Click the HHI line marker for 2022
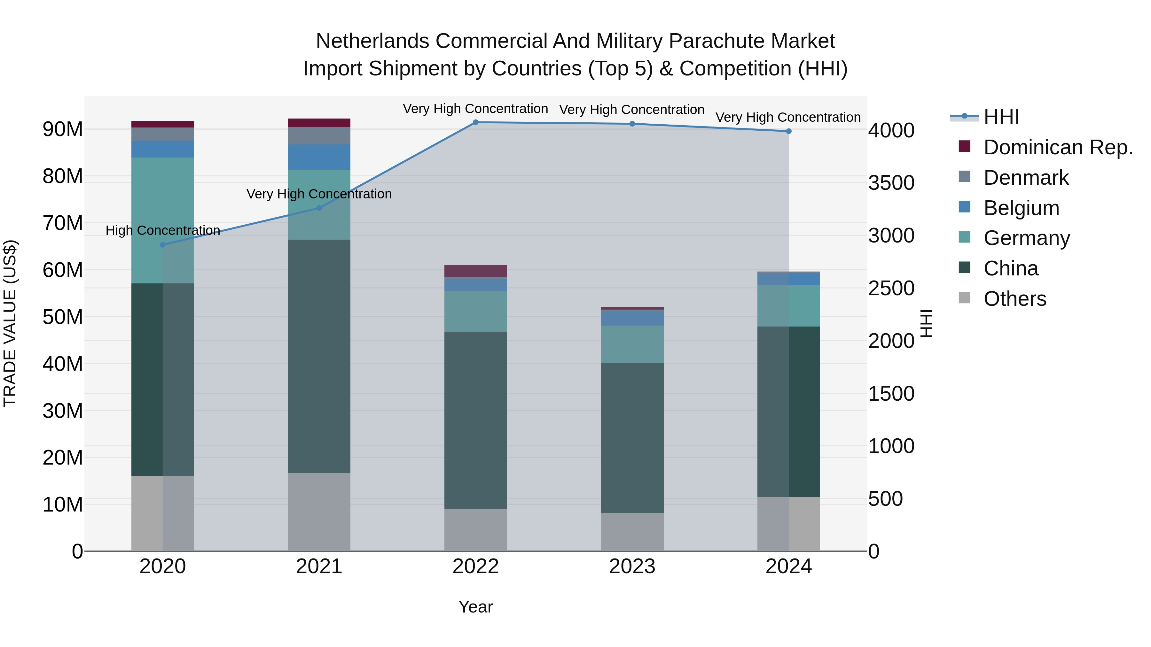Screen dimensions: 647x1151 [x=475, y=122]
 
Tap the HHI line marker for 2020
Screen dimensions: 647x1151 [x=163, y=245]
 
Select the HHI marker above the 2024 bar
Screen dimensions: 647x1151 [x=789, y=131]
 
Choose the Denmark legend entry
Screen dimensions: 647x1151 [x=1026, y=178]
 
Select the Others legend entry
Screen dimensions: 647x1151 [x=1015, y=299]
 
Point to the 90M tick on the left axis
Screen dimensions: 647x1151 [x=63, y=129]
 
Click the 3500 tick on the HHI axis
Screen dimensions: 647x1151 [x=891, y=183]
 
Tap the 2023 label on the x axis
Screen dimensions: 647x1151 [x=632, y=566]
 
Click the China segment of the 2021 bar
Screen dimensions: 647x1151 [x=319, y=356]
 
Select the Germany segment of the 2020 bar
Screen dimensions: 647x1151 [x=163, y=220]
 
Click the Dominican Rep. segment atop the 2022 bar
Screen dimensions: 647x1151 [x=475, y=271]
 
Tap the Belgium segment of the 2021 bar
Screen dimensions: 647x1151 [x=319, y=157]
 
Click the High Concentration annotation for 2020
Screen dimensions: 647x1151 [x=163, y=230]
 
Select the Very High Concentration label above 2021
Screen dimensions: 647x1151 [x=319, y=194]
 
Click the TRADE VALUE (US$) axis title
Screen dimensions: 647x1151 [x=10, y=323]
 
